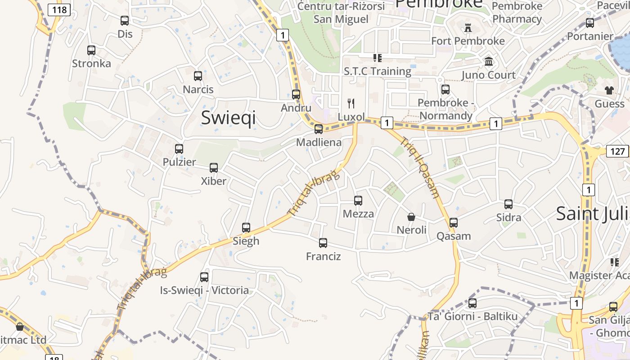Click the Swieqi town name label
point(228,117)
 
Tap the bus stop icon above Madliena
point(319,129)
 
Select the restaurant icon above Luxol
point(351,103)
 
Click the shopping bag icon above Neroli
point(411,217)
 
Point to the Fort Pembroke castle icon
point(468,28)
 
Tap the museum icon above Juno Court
point(489,62)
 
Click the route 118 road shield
point(59,9)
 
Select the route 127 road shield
point(617,151)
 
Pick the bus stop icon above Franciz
point(323,243)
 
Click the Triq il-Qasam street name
point(420,167)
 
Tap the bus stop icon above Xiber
point(214,168)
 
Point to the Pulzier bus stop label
point(179,162)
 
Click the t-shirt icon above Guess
point(610,90)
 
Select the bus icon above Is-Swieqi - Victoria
point(204,277)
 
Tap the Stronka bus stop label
point(91,63)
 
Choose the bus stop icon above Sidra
point(508,204)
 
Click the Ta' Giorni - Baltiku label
point(472,316)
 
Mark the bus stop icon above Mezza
point(358,201)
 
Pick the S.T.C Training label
point(378,71)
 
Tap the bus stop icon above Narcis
point(198,76)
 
